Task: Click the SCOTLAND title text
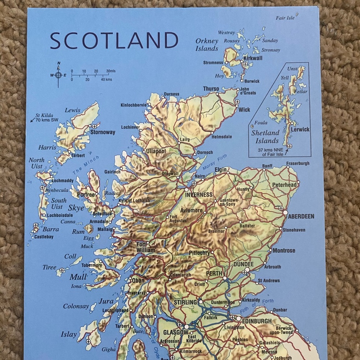tap(114, 40)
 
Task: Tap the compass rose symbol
tap(58, 75)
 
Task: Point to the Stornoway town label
tap(103, 132)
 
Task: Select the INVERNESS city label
tap(199, 195)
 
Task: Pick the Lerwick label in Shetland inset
tap(300, 130)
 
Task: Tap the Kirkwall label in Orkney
tap(253, 58)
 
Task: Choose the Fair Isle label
tap(285, 18)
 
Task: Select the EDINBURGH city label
tap(257, 321)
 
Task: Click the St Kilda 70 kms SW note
tap(44, 118)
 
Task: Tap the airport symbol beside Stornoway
tap(95, 126)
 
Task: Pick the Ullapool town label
tap(156, 152)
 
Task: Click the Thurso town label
tap(211, 89)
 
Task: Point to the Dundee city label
tap(243, 264)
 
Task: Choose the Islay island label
tap(68, 334)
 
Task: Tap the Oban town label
tap(138, 280)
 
